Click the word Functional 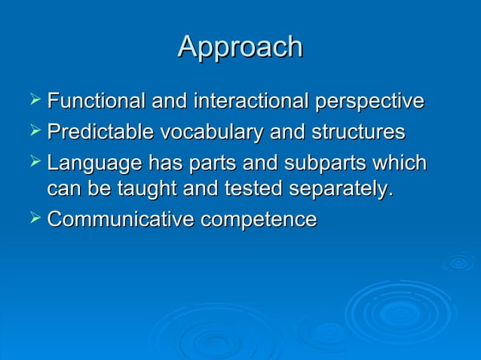(x=97, y=101)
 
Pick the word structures (x=356, y=133)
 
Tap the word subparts (x=330, y=163)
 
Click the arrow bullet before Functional (x=34, y=100)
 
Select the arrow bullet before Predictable (x=34, y=132)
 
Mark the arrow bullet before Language (x=34, y=163)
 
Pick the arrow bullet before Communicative (x=34, y=219)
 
